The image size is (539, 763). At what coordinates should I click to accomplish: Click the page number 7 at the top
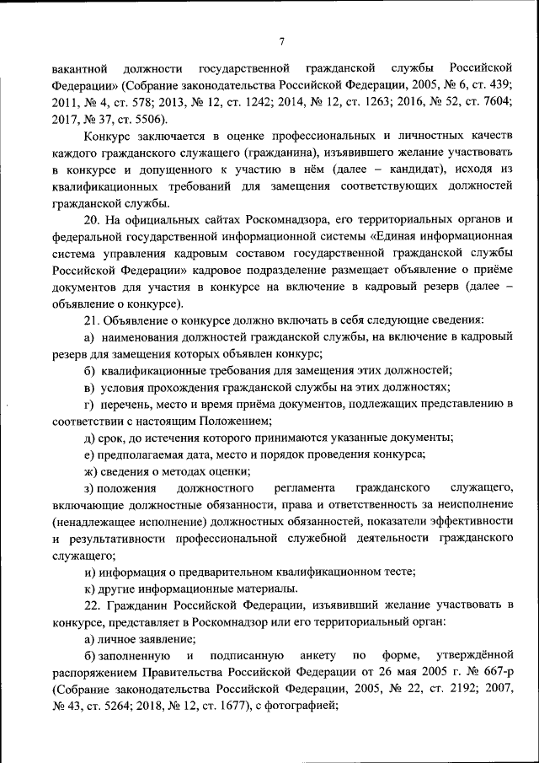[x=282, y=41]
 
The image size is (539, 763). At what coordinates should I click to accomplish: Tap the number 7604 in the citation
[x=493, y=102]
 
